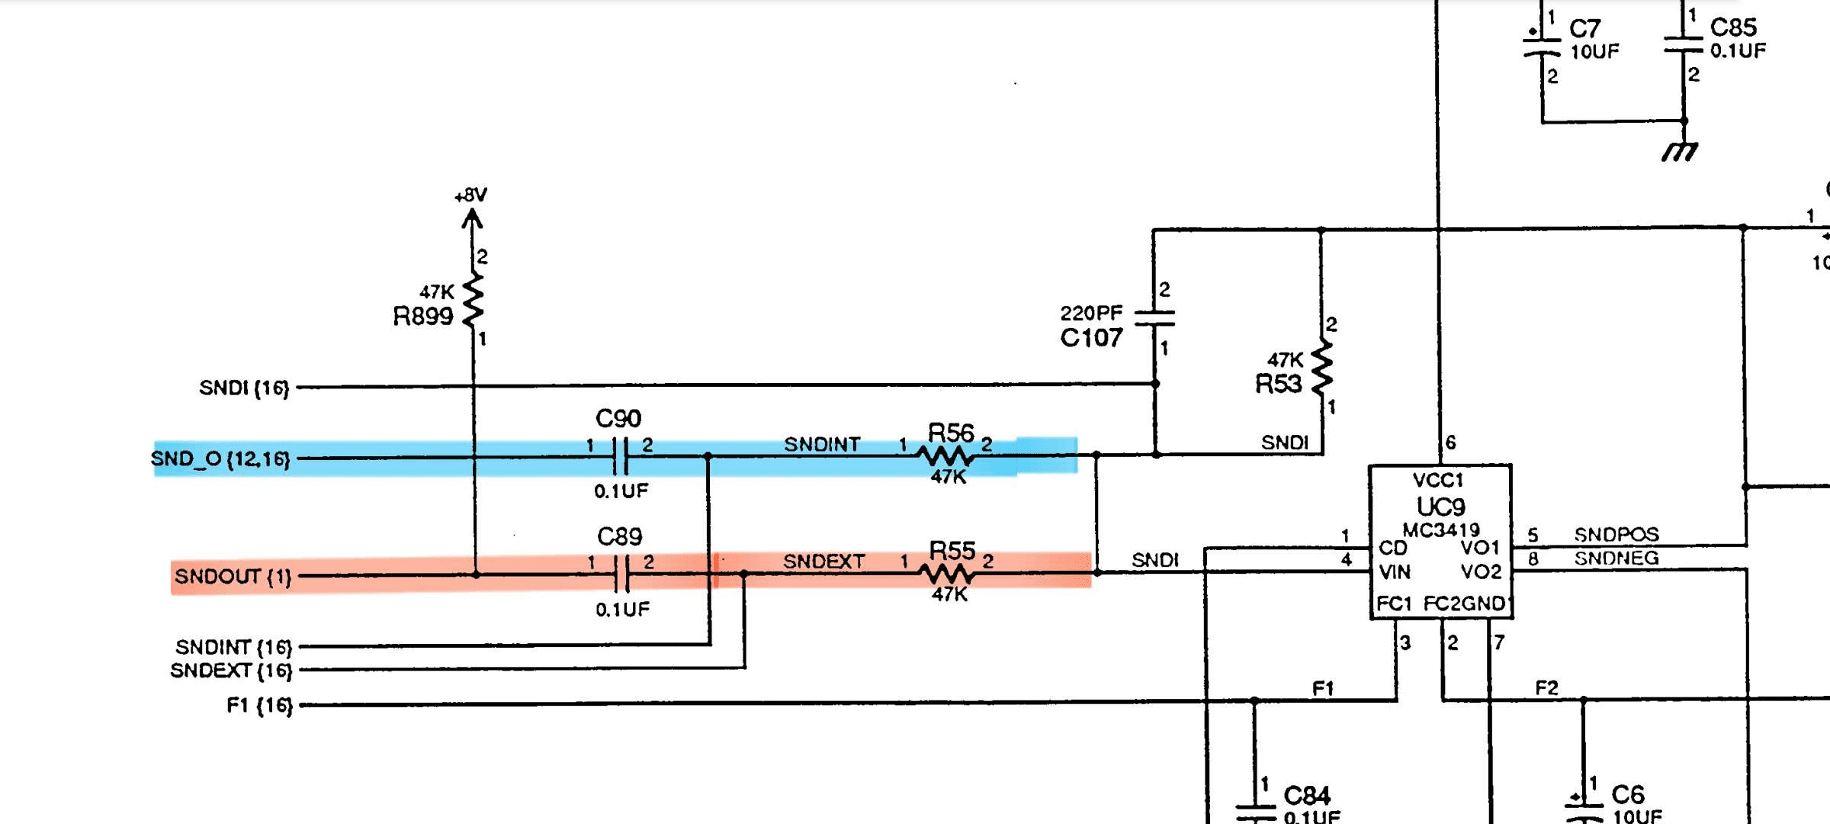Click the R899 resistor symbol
point(473,299)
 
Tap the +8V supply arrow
point(472,219)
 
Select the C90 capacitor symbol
point(621,457)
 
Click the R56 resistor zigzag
point(945,456)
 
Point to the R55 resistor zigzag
point(946,573)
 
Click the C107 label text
point(1091,338)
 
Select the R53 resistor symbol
point(1322,367)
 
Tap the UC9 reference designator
point(1440,507)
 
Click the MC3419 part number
point(1440,529)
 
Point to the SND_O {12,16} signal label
point(220,459)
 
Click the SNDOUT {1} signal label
point(233,576)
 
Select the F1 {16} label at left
point(259,705)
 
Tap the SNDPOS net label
point(1616,534)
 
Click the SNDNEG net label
point(1616,558)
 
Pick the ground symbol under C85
point(1681,151)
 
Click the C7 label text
point(1584,29)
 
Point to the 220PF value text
point(1091,313)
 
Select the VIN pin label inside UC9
point(1395,571)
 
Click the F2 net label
point(1546,688)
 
